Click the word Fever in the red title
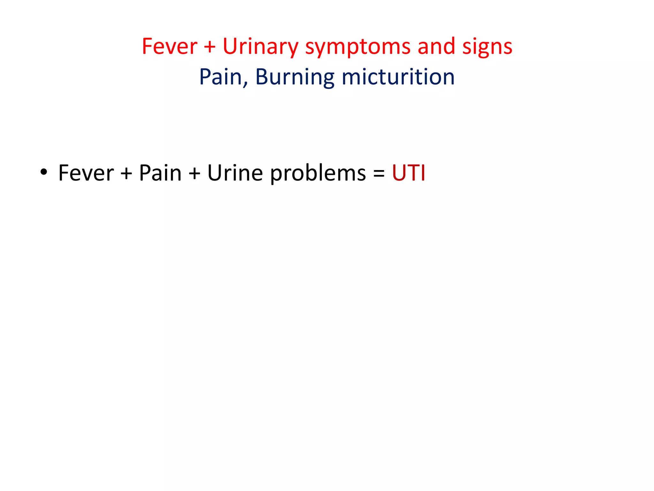[170, 47]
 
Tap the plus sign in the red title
[210, 47]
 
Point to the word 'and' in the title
[436, 47]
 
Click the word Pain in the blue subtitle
[220, 77]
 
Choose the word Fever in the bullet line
[86, 173]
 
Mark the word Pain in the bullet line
[160, 173]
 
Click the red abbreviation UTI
[408, 173]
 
